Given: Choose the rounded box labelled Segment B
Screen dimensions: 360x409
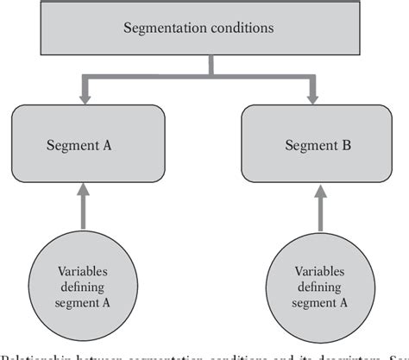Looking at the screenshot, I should (311, 142).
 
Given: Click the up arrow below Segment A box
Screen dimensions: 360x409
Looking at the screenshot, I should (85, 203).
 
